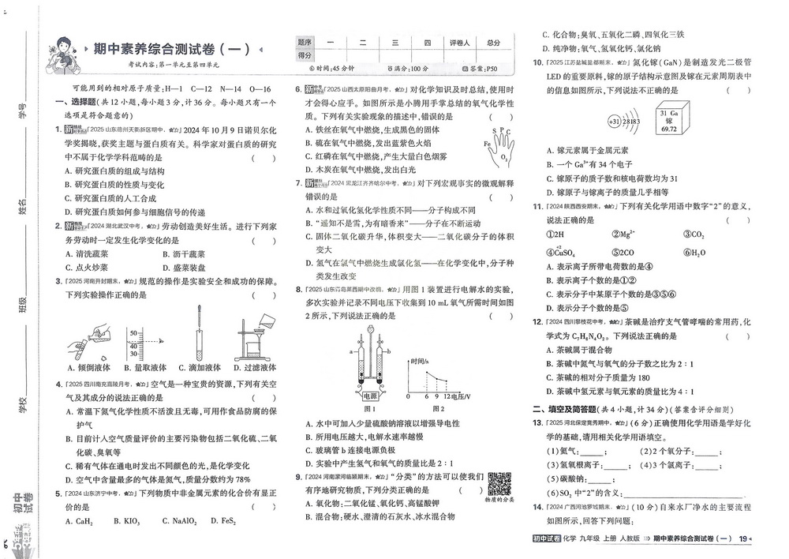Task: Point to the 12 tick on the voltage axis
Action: click(447, 395)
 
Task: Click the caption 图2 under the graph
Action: click(438, 409)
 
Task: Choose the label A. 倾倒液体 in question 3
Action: click(88, 367)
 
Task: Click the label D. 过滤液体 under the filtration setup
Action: click(255, 367)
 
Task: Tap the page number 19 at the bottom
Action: click(742, 538)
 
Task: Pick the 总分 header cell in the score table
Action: click(494, 43)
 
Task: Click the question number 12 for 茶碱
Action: click(536, 322)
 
